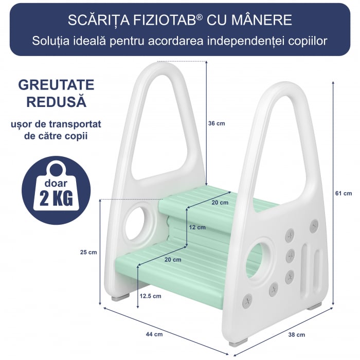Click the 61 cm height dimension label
point(343,193)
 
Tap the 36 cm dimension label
point(217,123)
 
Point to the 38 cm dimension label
point(296,335)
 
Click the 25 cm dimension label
point(88,252)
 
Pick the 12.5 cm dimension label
point(150,296)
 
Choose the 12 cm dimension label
point(197,227)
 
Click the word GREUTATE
point(56,85)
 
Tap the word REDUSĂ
point(56,102)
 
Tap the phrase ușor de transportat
point(56,124)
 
